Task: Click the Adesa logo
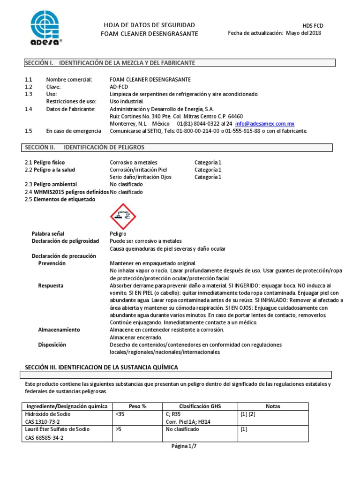pos(45,27)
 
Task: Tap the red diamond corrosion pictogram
pos(123,216)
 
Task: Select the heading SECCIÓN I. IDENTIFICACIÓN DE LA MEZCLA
pos(110,63)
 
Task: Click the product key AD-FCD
pos(119,87)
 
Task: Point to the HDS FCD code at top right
pos(313,26)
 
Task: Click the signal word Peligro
pos(118,233)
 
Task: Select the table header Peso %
pos(137,406)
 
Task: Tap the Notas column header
pos(272,406)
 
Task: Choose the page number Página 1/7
pos(184,447)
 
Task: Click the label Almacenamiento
pos(59,330)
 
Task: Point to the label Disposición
pos(52,345)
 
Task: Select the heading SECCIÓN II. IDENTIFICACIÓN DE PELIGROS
pos(84,147)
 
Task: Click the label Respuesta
pos(51,285)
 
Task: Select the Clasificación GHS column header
pos(200,406)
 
